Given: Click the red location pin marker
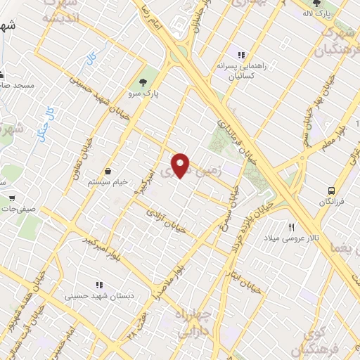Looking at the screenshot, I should click(181, 165).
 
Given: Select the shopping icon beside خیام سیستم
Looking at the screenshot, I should click(109, 171).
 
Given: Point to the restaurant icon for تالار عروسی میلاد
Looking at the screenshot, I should click(291, 227).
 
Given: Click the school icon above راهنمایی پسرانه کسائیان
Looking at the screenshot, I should click(241, 55).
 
